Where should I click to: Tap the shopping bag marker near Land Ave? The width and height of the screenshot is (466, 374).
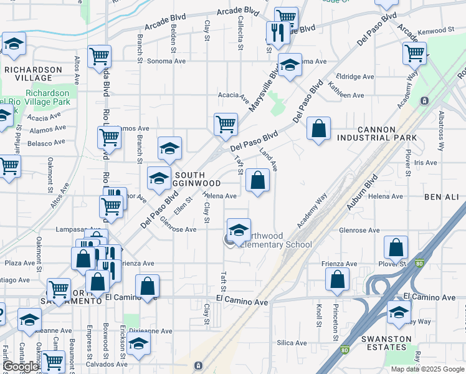coord(257,181)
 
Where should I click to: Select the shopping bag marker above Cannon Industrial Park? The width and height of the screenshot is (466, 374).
coord(318,129)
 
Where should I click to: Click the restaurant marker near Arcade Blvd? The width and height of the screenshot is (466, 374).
coord(275,33)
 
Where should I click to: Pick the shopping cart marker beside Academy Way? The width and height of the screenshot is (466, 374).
coord(414,54)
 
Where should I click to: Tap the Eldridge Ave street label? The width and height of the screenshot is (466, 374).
coord(354,77)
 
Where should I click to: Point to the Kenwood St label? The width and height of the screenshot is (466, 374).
coord(435,30)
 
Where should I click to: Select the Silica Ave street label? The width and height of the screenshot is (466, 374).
coord(292,343)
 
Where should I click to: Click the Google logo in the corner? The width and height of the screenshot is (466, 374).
coord(21,367)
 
